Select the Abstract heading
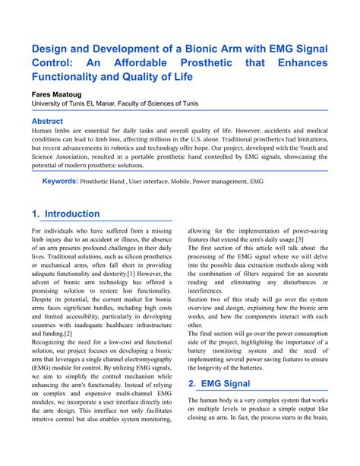[x=47, y=121]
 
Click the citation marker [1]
[x=131, y=272]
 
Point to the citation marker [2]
[x=68, y=333]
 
